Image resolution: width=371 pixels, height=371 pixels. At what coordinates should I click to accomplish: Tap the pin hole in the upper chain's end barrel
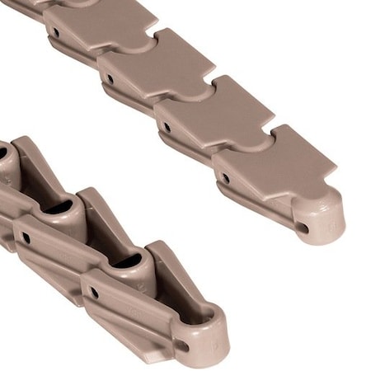303,228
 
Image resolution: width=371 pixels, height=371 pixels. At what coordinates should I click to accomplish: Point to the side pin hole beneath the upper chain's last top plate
224,176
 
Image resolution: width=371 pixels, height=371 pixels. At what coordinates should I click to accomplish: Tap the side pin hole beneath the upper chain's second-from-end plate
167,128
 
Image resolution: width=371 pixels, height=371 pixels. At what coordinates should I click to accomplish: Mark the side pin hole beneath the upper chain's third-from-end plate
110,79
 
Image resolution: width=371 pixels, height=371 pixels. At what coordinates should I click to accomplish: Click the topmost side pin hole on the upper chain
55,33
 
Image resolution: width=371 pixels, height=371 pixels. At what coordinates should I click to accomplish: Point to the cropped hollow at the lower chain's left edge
4,153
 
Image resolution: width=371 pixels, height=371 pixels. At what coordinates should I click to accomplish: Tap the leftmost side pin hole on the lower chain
26,237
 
